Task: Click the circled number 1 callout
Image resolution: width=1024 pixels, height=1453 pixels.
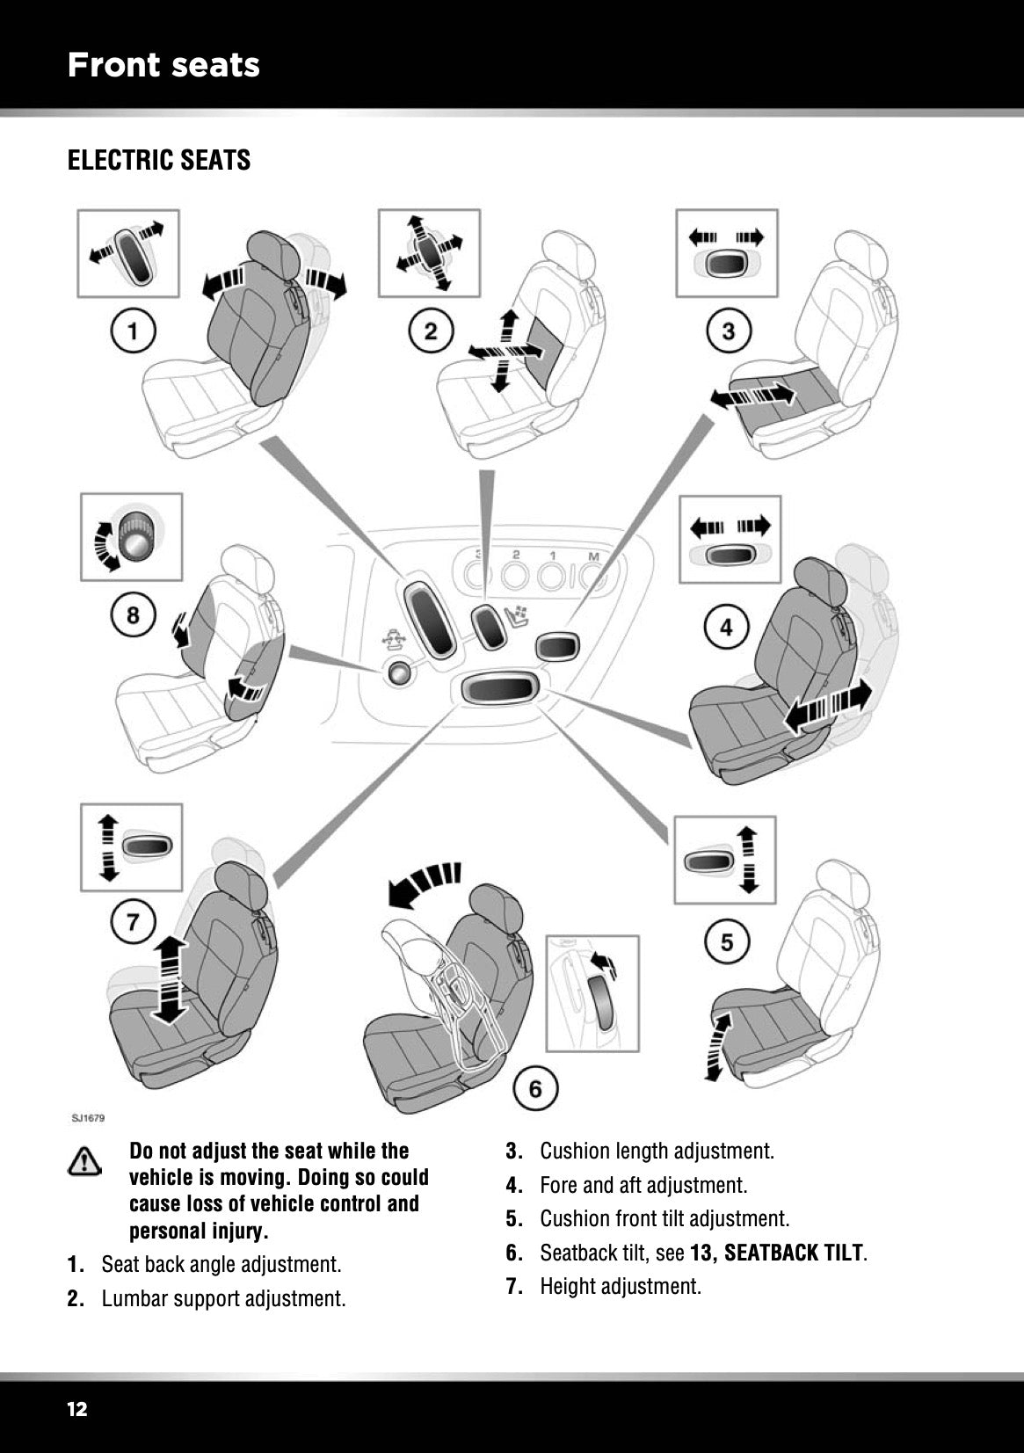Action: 134,331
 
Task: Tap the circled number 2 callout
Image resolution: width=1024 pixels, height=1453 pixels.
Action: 431,331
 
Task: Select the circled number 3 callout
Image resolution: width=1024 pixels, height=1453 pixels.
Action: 729,331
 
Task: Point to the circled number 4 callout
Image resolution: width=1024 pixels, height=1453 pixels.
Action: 726,628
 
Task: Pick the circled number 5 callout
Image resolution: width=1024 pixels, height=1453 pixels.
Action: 727,942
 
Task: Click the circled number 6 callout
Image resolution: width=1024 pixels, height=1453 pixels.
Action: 535,1090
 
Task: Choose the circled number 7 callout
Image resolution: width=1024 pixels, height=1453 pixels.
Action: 133,922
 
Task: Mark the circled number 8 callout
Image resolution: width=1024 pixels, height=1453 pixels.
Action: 133,614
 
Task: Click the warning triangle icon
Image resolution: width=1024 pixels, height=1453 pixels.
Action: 84,1161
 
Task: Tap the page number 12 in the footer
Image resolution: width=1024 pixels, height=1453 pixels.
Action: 77,1409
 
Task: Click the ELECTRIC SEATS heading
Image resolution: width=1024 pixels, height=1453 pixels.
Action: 159,161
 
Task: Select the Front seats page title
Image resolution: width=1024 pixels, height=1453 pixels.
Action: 163,65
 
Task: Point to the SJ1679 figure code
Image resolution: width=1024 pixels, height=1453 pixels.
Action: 88,1118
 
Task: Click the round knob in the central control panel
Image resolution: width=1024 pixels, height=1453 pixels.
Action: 399,673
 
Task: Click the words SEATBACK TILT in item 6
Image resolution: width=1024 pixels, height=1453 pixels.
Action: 794,1253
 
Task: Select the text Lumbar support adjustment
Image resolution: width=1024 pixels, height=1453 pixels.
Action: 223,1298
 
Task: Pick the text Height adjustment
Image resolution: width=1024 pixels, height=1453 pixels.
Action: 621,1286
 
